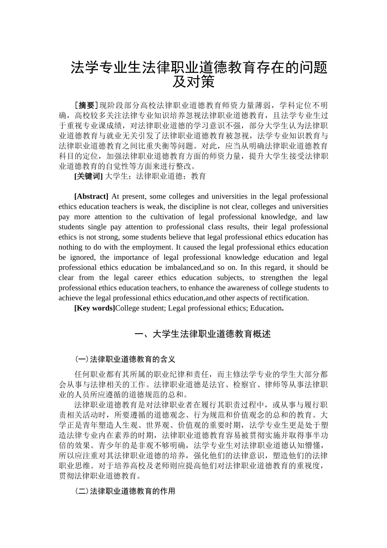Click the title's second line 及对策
coord(193,82)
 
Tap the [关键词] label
coord(88,176)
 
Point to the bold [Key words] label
coord(95,308)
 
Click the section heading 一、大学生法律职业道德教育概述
coord(202,334)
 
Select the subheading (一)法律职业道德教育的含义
coord(125,359)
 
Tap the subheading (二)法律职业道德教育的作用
coord(125,491)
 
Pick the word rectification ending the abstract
coord(288,298)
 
